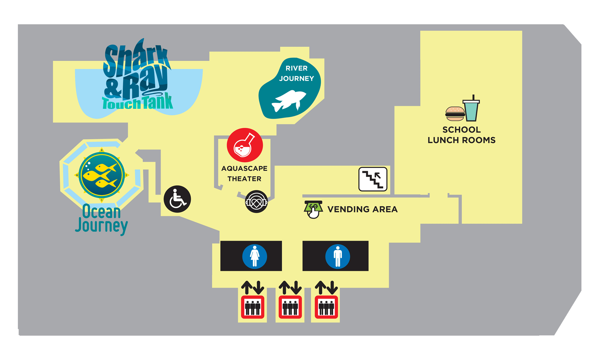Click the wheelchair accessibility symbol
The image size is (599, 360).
tap(177, 199)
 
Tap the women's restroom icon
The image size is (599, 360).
tap(254, 256)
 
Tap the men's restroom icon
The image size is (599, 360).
tap(338, 256)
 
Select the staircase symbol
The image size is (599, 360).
tap(373, 179)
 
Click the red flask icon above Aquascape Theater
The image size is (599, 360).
tap(245, 145)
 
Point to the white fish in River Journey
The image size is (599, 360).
tap(289, 101)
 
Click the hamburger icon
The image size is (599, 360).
tap(455, 114)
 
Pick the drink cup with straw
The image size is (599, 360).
tap(471, 109)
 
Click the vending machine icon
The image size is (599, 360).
tap(313, 209)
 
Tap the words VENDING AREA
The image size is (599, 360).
tap(362, 209)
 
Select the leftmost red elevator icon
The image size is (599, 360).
tap(252, 307)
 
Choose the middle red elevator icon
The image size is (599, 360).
tap(290, 307)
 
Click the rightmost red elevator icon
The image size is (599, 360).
tap(326, 307)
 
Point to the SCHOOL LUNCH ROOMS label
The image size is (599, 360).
tap(462, 135)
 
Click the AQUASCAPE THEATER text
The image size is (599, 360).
tap(244, 173)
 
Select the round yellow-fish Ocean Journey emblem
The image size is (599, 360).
tap(101, 175)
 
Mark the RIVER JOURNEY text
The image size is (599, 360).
tap(296, 73)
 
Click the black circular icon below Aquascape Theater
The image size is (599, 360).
tap(256, 201)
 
